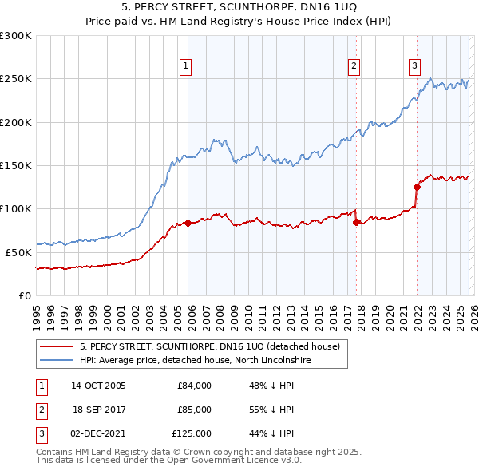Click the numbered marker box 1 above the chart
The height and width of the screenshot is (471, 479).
point(185,66)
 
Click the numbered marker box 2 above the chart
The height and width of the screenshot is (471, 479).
point(354,66)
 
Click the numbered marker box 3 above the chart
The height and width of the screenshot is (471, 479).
point(415,66)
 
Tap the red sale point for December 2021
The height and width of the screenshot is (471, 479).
point(416,188)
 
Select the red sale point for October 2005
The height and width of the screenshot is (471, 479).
point(188,223)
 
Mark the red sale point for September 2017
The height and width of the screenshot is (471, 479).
point(356,222)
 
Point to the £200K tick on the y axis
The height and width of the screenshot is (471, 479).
point(16,122)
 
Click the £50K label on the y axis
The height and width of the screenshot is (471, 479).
point(18,252)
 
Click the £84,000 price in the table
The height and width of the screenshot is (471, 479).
point(194,386)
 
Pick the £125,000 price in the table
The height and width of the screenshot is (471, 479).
point(192,433)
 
